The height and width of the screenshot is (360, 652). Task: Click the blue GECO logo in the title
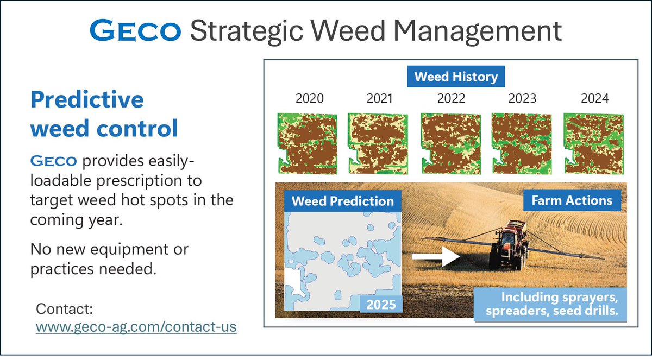coord(135,30)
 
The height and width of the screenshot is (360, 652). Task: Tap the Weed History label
coord(456,77)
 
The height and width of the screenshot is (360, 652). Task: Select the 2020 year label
coord(309,98)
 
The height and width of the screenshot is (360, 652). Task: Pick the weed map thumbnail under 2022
coord(451,144)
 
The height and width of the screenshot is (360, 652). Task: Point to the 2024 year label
coord(594,98)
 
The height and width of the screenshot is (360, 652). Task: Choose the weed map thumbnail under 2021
coord(378,144)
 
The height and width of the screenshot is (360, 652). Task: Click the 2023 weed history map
coord(522,144)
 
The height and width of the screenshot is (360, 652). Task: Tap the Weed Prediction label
coord(343,201)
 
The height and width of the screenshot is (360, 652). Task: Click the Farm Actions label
coord(572,200)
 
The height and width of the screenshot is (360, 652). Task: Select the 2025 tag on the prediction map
coord(381,305)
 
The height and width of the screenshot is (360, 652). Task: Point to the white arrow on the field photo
coord(436,256)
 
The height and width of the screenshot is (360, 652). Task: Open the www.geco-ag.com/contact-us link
coord(136,326)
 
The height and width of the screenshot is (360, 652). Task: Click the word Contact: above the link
coord(64,309)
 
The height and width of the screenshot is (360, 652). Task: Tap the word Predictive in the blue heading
coord(87,100)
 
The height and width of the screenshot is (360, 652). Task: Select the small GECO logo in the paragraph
coord(54,161)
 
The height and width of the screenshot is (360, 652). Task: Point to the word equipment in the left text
coord(129,250)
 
